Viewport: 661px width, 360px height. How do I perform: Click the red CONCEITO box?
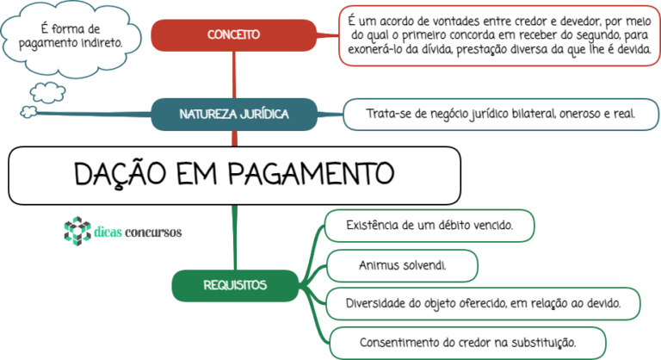click(233, 35)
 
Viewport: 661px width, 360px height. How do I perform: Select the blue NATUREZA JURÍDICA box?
click(234, 115)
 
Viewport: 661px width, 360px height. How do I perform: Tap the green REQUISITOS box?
click(235, 286)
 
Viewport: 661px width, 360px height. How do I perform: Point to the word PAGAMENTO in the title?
click(311, 173)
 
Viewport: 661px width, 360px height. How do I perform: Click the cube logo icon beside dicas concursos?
click(77, 231)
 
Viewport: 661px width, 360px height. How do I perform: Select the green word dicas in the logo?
click(108, 232)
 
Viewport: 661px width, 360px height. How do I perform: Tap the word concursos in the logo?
click(153, 233)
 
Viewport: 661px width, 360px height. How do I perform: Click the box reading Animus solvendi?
click(402, 266)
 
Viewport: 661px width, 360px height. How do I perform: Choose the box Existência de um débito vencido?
click(429, 226)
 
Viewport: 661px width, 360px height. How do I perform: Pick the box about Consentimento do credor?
click(467, 343)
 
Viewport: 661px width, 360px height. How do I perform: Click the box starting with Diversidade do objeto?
click(483, 304)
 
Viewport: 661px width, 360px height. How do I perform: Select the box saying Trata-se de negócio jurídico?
click(501, 115)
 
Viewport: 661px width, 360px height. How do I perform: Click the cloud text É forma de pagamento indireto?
click(71, 36)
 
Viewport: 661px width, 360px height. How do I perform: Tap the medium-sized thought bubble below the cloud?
click(47, 92)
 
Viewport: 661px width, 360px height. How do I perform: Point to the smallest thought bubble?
click(28, 112)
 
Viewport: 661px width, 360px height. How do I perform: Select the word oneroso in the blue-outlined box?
click(579, 114)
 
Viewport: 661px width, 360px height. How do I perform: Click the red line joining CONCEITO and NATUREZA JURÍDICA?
click(234, 75)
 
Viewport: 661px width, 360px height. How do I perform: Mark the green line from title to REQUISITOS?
click(234, 238)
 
